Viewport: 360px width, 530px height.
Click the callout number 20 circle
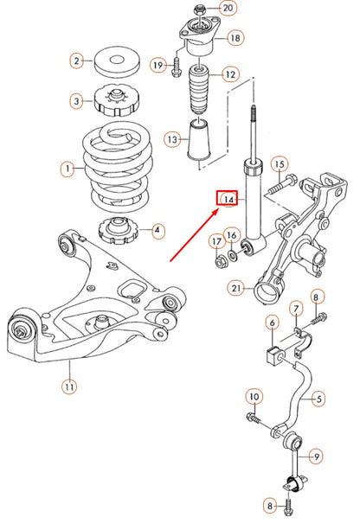(x=228, y=9)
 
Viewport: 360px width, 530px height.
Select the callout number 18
(x=235, y=38)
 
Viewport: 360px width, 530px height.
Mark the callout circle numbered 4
(x=157, y=231)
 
